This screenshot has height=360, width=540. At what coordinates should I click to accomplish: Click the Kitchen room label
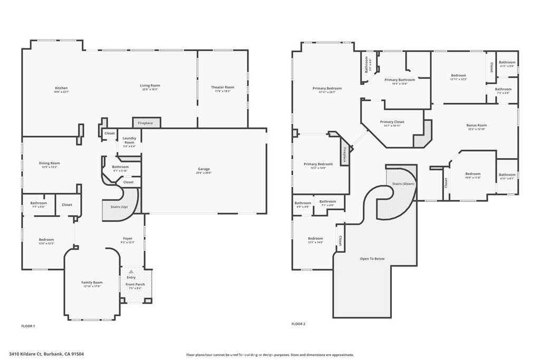(x=61, y=88)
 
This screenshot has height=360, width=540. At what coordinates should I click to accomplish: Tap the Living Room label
(x=150, y=85)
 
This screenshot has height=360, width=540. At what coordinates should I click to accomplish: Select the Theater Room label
(x=222, y=87)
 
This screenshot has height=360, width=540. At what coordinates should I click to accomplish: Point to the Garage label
(x=204, y=170)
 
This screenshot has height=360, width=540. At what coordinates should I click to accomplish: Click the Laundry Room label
(x=129, y=141)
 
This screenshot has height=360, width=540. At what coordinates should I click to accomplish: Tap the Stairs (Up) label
(x=119, y=207)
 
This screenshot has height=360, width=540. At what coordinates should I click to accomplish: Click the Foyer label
(x=128, y=239)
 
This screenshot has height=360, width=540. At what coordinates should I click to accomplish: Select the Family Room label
(x=92, y=283)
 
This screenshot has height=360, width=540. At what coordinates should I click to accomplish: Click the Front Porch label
(x=135, y=285)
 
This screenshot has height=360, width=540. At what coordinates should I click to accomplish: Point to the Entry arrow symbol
(x=131, y=271)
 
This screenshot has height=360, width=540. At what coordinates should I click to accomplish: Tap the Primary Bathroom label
(x=399, y=80)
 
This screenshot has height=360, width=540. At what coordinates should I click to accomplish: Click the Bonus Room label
(x=476, y=125)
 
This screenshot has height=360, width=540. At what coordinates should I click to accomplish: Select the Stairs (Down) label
(x=403, y=183)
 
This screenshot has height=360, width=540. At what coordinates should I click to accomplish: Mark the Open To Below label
(x=372, y=259)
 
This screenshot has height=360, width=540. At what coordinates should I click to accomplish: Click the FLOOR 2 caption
(x=298, y=324)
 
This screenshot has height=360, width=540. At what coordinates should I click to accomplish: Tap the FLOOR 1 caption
(x=28, y=326)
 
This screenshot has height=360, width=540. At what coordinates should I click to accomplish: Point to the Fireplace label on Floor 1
(x=146, y=123)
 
